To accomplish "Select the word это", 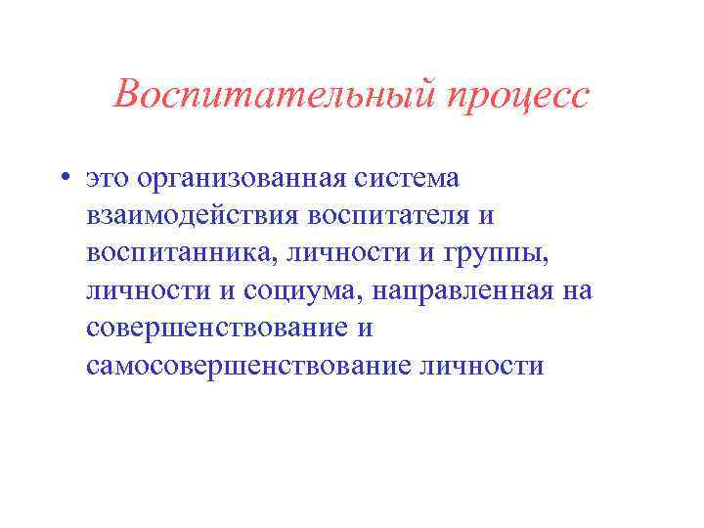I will tap(107, 179).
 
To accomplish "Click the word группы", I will tap(497, 253).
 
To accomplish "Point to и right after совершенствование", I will tap(364, 328).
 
